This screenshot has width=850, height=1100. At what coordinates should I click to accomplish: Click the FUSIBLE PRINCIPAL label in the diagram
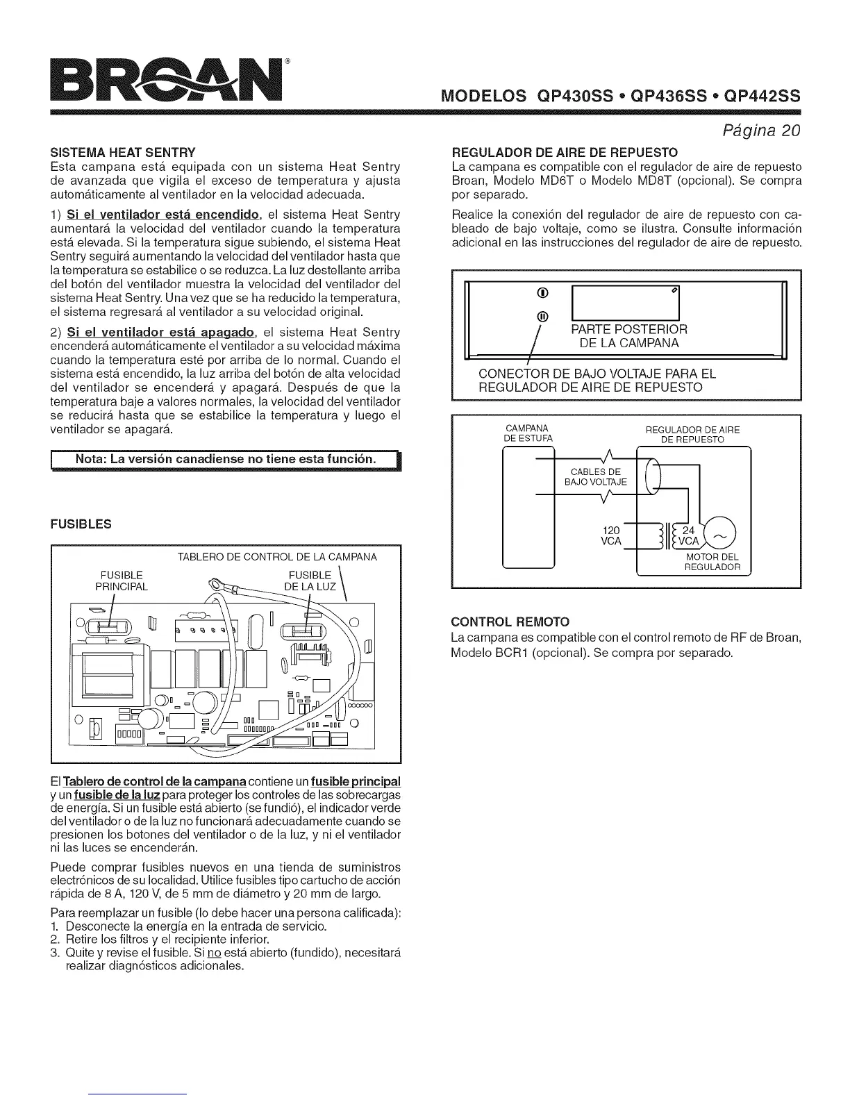[x=122, y=581]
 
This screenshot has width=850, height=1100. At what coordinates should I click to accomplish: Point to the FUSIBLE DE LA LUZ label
[x=310, y=581]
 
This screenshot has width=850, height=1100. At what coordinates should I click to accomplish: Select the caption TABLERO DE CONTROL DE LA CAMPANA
[x=277, y=557]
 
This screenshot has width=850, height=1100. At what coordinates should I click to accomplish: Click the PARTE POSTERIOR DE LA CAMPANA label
[x=628, y=336]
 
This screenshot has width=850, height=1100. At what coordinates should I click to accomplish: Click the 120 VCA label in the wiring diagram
[x=610, y=536]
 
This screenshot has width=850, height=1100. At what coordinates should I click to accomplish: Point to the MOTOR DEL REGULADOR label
[x=712, y=562]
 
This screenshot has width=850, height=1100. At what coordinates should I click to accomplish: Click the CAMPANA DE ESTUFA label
[x=527, y=433]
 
